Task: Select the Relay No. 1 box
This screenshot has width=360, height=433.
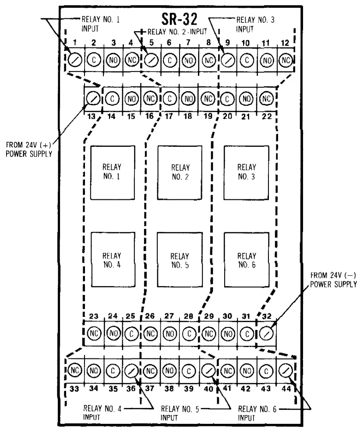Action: point(111,172)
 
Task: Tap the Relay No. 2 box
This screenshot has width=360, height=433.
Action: point(179,172)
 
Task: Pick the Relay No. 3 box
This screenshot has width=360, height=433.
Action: point(246,172)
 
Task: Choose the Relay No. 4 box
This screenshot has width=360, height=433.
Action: point(111,259)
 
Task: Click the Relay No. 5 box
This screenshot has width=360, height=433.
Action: point(179,259)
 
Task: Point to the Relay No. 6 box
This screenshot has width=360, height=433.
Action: point(246,259)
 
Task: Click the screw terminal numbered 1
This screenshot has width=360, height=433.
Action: point(75,58)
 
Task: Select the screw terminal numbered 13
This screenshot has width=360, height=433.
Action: point(92,98)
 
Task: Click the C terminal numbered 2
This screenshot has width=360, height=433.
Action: point(94,58)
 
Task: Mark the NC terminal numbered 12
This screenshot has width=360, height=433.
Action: point(286,58)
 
